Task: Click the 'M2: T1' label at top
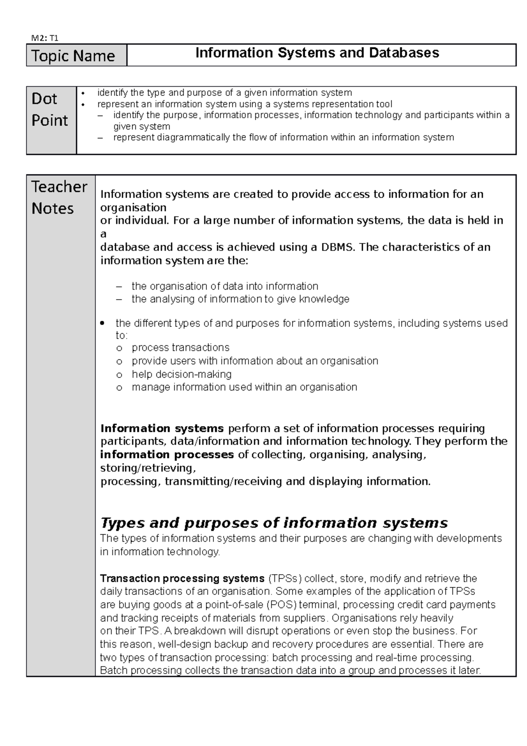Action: [44, 38]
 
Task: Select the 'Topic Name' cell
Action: [73, 56]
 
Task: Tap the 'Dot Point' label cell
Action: [50, 109]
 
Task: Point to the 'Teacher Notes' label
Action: [59, 197]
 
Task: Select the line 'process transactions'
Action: [180, 348]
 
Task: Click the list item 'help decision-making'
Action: [181, 374]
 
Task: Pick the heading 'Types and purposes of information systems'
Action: [274, 523]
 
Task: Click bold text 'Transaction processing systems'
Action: [182, 578]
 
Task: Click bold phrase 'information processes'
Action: [167, 455]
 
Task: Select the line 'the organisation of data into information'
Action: [224, 286]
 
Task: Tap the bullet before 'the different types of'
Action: [102, 324]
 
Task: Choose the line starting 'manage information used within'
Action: [244, 387]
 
